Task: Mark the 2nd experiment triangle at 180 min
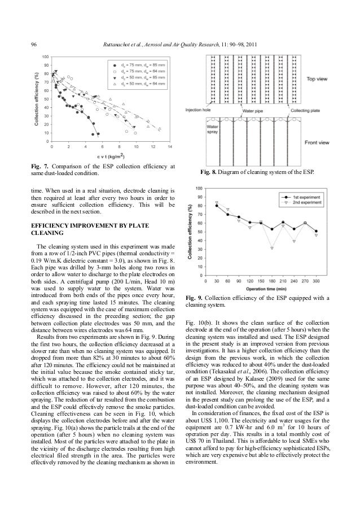pyautogui.click(x=272, y=248)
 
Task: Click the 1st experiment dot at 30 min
pyautogui.click(x=217, y=206)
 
